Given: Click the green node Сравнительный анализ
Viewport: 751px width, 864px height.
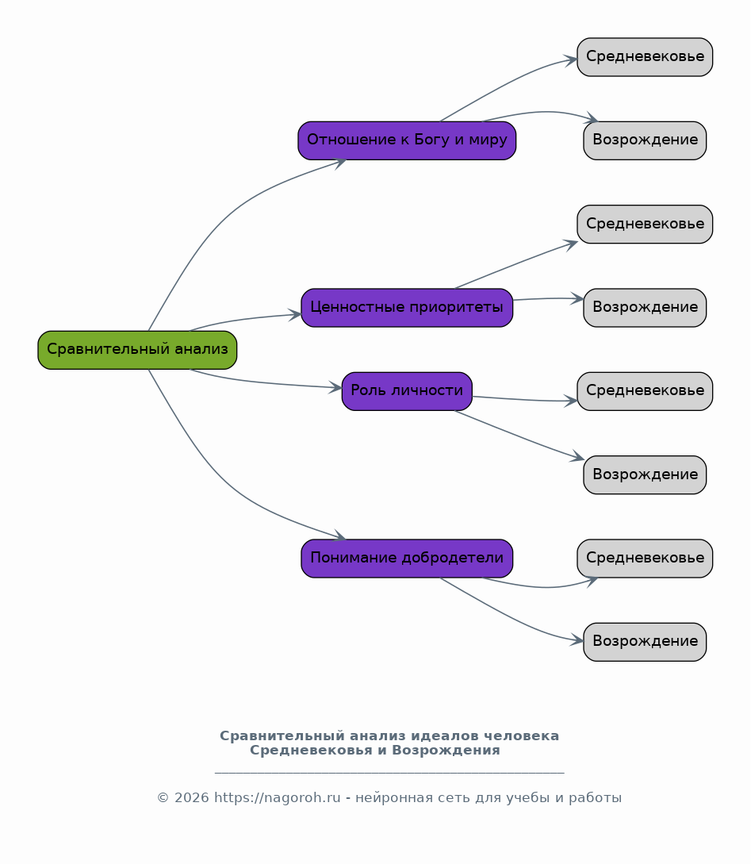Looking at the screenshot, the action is point(137,350).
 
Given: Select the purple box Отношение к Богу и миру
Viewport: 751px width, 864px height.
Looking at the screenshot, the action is point(407,140).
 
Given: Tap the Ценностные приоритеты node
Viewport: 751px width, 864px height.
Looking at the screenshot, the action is point(407,308).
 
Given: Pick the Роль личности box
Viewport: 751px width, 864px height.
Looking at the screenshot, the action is point(407,391).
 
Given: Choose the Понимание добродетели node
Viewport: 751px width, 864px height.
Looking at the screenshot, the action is point(407,559).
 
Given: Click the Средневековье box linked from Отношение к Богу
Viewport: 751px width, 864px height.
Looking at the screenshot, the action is point(645,57).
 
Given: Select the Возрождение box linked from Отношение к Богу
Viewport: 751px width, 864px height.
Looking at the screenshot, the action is point(645,140).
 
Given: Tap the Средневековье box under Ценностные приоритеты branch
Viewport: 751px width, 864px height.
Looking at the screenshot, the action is point(645,225).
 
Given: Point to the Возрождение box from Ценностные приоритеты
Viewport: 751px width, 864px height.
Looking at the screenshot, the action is point(645,308).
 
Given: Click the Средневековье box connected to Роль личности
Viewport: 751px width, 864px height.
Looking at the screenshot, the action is point(645,391).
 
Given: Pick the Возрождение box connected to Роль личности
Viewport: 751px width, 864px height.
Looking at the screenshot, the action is point(645,475).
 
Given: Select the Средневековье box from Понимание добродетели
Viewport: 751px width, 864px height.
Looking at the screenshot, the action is point(645,559).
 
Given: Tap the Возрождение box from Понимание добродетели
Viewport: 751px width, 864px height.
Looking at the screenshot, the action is point(645,642).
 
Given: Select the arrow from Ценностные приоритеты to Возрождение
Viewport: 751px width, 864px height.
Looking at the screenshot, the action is point(548,298).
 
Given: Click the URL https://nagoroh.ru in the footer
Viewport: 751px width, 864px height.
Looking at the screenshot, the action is point(278,798).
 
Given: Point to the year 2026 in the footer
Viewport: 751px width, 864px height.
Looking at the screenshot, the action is point(192,798).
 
